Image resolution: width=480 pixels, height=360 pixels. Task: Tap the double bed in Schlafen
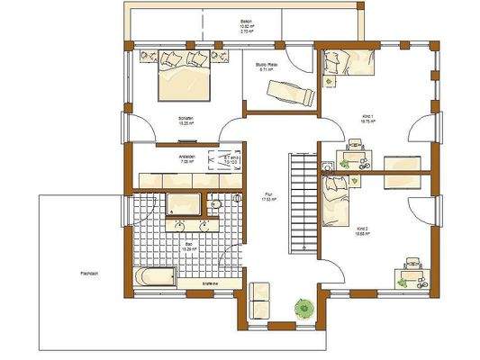pos(183,82)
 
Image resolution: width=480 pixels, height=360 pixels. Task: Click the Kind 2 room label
pos(362,229)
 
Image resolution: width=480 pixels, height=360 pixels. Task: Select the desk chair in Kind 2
pos(412,263)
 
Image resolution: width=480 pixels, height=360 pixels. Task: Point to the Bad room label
pos(189,245)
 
